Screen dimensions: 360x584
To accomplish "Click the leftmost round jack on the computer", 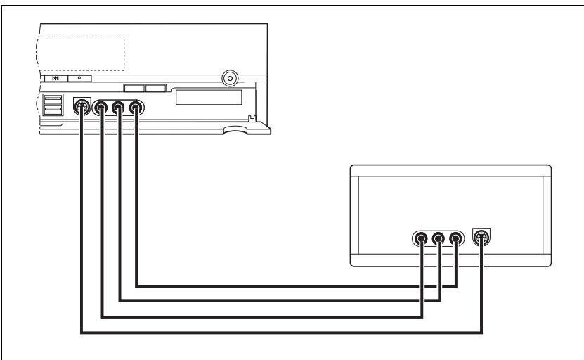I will click(103, 108).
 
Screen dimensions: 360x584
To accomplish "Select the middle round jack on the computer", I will click(119, 108).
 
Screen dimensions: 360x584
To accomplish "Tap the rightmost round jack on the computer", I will click(136, 108).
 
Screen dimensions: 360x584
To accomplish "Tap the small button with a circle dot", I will click(79, 79).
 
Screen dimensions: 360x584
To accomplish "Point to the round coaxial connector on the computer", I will click(228, 77).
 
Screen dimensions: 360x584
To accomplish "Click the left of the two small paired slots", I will click(134, 89).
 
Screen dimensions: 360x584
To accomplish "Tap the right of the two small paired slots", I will click(155, 89).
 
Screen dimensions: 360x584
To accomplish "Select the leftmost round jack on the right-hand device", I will click(421, 238).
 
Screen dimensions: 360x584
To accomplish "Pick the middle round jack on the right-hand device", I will click(439, 238).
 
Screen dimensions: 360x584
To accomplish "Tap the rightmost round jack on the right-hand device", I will click(455, 238).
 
